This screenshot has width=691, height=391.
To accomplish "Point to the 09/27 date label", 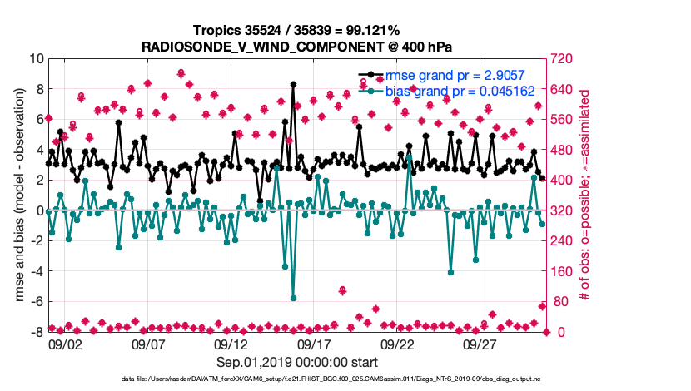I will click(480, 344).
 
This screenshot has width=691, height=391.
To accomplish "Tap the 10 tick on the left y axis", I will click(36, 58).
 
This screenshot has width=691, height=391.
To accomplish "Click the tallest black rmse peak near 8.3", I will click(293, 84).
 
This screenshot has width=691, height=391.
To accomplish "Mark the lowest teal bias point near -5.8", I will click(293, 298).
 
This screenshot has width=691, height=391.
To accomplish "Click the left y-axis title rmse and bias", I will click(18, 195).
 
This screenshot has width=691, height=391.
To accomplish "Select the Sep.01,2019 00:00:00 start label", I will click(297, 362).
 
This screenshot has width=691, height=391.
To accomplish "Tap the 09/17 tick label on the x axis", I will click(314, 344).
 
